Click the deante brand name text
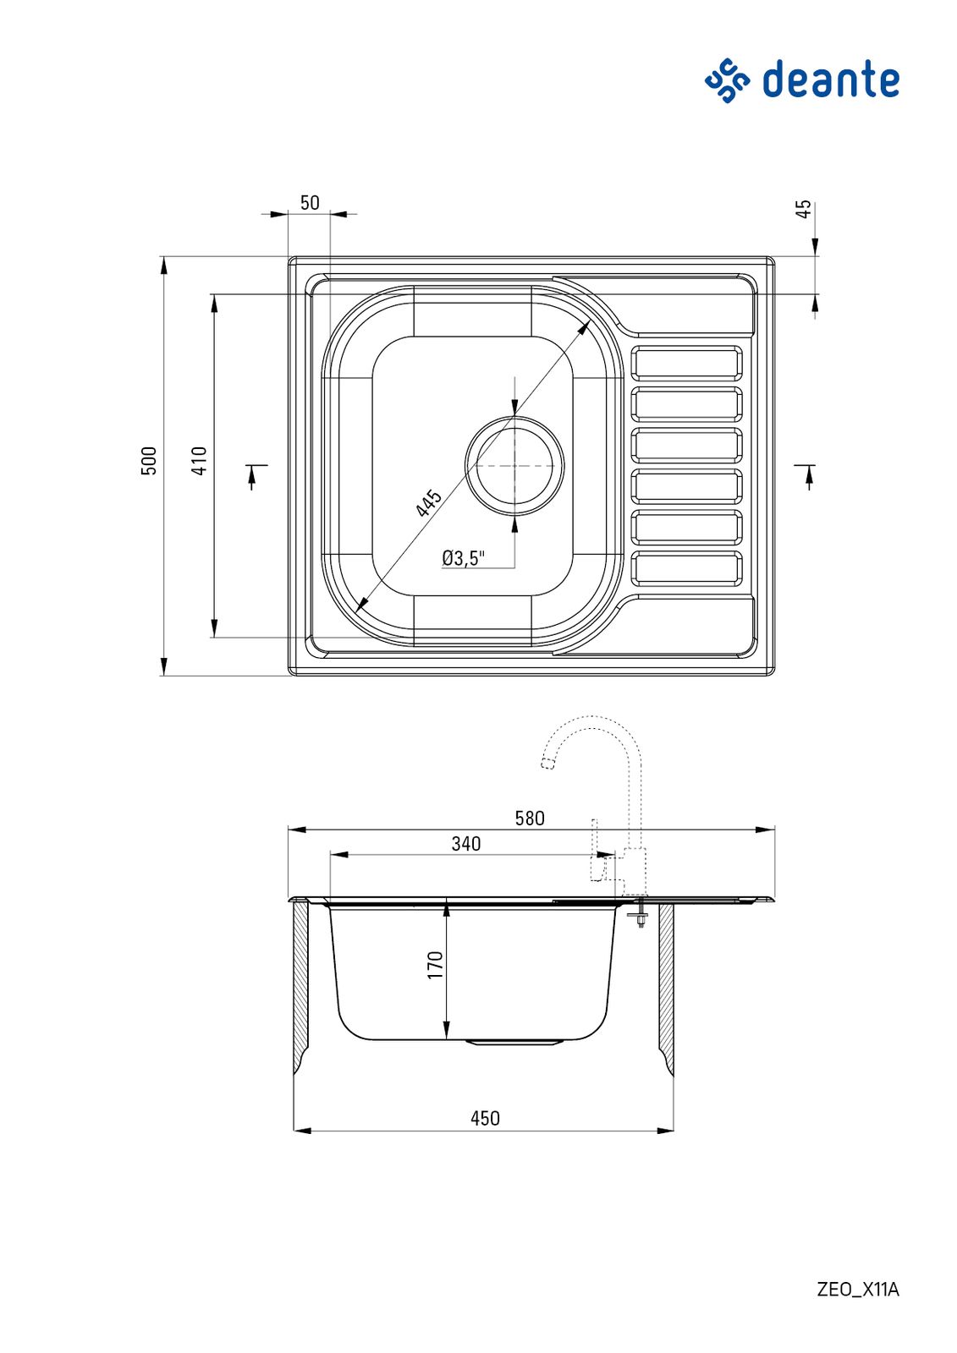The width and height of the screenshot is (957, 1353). pyautogui.click(x=831, y=79)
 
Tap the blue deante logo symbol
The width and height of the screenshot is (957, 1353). pyautogui.click(x=728, y=80)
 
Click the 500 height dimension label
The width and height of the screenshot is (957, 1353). pyautogui.click(x=149, y=461)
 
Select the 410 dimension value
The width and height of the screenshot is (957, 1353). pyautogui.click(x=200, y=461)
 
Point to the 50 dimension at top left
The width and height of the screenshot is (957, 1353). pyautogui.click(x=310, y=203)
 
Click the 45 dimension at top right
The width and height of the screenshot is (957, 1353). pyautogui.click(x=804, y=210)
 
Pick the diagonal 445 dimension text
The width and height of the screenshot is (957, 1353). pyautogui.click(x=429, y=504)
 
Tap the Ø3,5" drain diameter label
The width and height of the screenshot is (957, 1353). pyautogui.click(x=463, y=557)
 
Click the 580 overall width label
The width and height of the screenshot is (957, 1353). pyautogui.click(x=530, y=819)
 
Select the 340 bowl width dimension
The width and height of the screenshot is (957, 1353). pyautogui.click(x=466, y=844)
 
